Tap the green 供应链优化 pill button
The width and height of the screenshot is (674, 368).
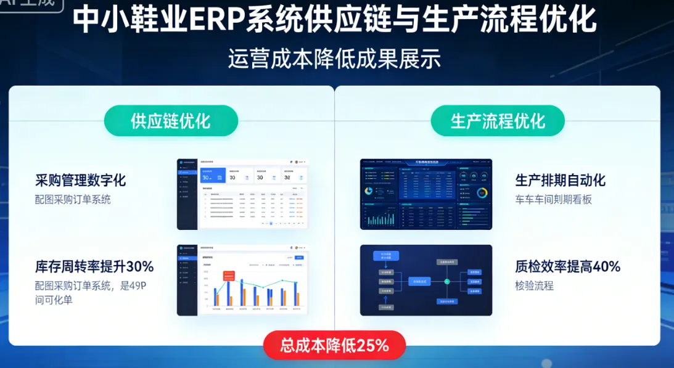(171, 121)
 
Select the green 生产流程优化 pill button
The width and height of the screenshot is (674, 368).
(498, 121)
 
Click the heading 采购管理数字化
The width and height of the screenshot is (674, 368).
(81, 180)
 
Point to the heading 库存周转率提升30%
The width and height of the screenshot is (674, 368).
(94, 266)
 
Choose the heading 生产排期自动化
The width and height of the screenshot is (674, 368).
(560, 180)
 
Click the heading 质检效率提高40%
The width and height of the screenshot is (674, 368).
(567, 266)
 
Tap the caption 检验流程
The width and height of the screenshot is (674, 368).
(534, 285)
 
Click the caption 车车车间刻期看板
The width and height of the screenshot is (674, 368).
(553, 199)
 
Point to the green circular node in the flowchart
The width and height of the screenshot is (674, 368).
(448, 281)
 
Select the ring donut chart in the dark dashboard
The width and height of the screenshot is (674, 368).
(482, 192)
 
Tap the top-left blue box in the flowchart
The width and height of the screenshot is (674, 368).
(387, 255)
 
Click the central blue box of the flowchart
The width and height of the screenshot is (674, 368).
(419, 281)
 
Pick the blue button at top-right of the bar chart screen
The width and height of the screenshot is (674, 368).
(300, 257)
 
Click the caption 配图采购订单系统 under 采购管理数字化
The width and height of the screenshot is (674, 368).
(73, 199)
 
